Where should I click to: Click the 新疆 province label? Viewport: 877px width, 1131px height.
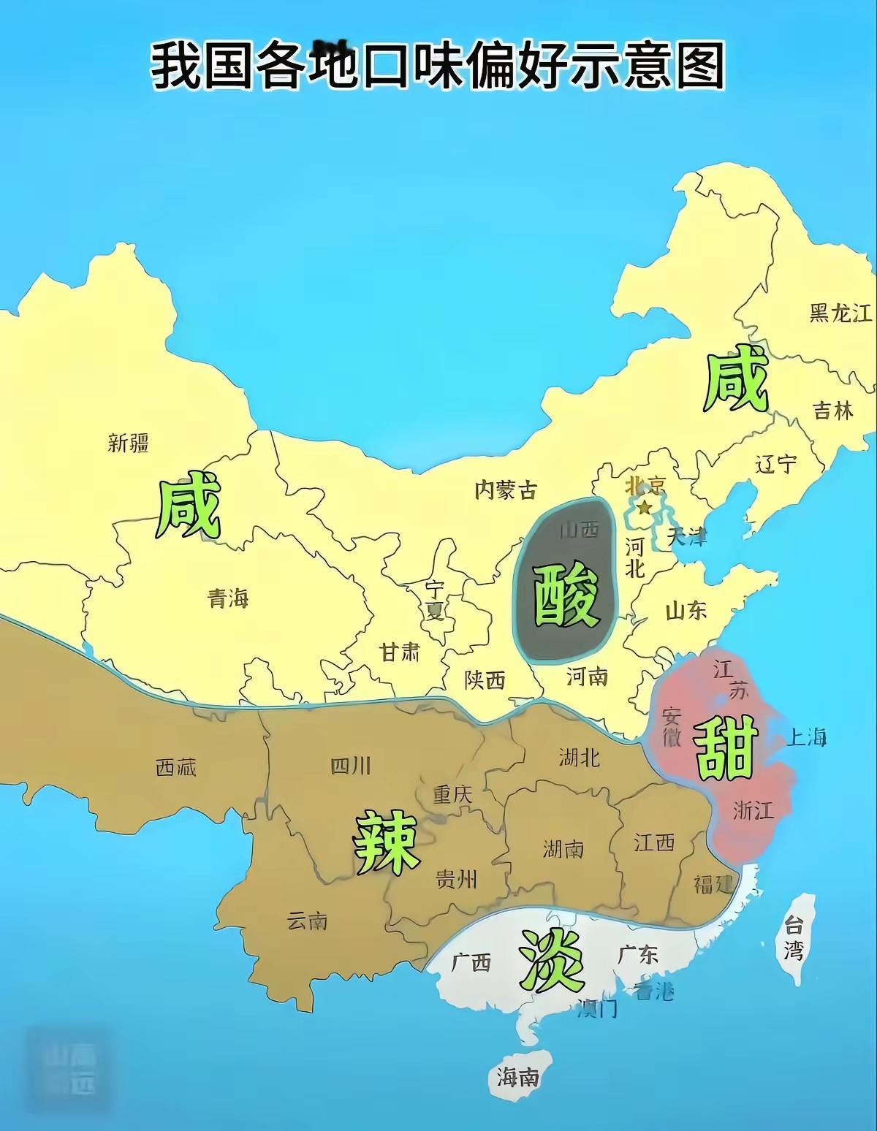[x=129, y=442]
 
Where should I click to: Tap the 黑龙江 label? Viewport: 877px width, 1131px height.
[x=840, y=313]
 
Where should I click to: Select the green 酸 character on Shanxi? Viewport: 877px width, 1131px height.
[x=567, y=597]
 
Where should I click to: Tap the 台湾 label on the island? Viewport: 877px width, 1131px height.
[x=794, y=937]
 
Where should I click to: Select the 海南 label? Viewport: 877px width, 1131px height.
[x=518, y=1075]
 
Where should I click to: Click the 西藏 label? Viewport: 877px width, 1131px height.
[x=176, y=767]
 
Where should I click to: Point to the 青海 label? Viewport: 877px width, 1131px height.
[x=228, y=599]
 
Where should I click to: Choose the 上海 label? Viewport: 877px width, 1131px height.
[x=806, y=737]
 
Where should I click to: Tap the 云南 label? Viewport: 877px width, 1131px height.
[x=307, y=921]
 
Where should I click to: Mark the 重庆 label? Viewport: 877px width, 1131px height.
[x=453, y=794]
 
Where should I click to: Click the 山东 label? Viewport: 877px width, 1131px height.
[x=686, y=611]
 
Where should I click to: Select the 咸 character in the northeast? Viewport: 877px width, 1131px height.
[x=737, y=381]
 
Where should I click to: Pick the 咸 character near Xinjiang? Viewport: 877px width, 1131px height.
[x=189, y=509]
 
